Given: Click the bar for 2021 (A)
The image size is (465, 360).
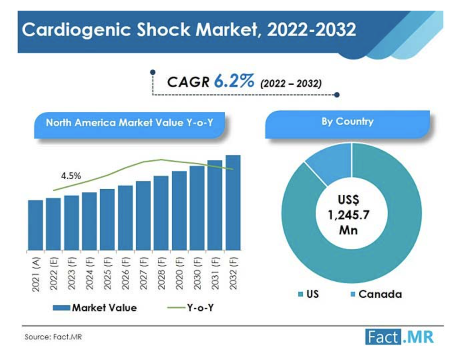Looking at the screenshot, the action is click(x=36, y=225).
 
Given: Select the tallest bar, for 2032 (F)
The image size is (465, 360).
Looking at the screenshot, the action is click(x=233, y=202).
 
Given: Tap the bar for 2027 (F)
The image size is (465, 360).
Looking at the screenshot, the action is click(x=143, y=215).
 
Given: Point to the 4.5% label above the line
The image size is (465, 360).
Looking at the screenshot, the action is click(x=71, y=176).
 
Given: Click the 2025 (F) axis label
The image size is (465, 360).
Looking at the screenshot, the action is click(x=107, y=273).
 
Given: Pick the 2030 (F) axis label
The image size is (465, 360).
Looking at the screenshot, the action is click(x=197, y=273).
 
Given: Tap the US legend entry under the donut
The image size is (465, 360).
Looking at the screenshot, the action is click(x=308, y=294).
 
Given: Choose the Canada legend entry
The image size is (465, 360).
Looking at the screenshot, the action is click(x=376, y=294).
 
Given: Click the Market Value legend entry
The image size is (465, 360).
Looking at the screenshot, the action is click(x=95, y=308).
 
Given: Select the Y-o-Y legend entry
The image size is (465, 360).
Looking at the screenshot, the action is click(x=190, y=308).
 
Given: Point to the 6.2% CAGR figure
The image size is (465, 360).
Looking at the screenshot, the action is click(x=234, y=81).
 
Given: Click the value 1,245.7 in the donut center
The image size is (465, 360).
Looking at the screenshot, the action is click(x=348, y=215).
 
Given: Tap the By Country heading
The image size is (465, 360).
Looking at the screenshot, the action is click(x=348, y=122).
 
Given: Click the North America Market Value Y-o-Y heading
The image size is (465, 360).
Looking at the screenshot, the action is click(x=129, y=122).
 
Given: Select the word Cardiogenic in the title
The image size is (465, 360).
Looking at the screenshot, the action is click(x=76, y=30).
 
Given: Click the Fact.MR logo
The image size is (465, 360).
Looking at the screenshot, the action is click(x=399, y=337).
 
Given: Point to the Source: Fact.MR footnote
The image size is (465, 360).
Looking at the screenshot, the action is click(x=53, y=337).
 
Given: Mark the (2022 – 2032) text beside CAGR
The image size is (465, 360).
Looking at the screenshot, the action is click(x=291, y=83).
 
